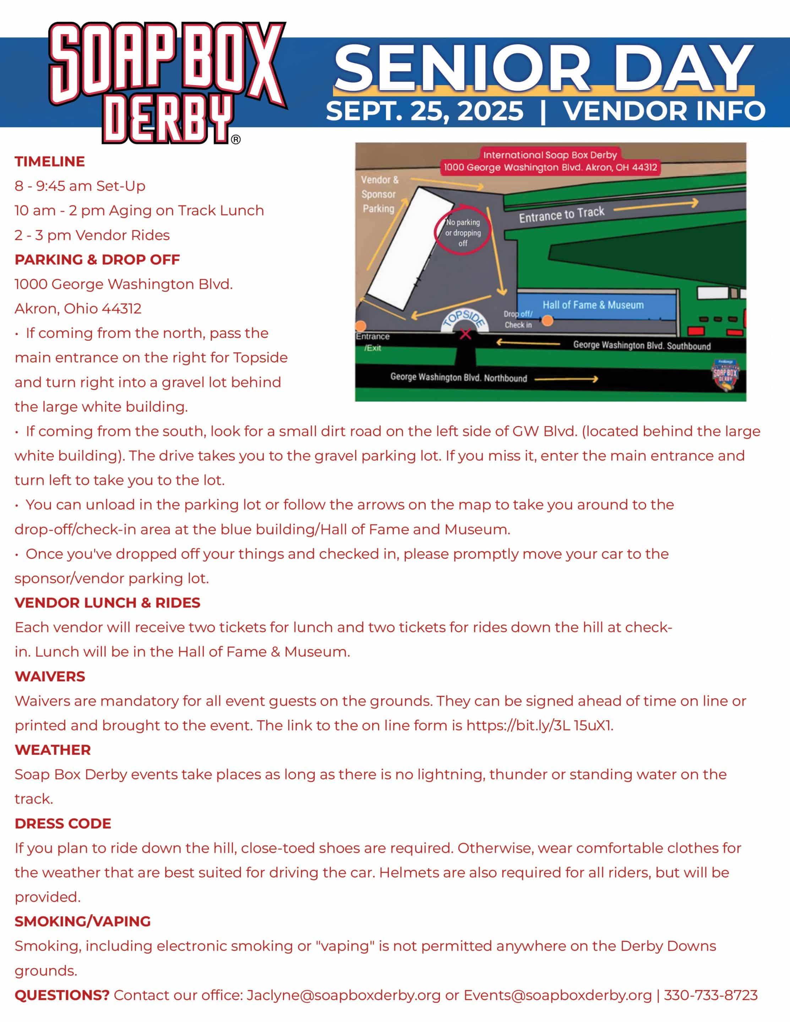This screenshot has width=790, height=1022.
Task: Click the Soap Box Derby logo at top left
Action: tap(167, 82)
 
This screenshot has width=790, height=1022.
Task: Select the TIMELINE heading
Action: tap(50, 161)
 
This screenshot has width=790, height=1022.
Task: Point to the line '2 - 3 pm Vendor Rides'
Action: tap(92, 235)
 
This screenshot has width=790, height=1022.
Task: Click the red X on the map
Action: tap(465, 334)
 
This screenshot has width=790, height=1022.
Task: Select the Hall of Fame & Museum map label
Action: tap(593, 305)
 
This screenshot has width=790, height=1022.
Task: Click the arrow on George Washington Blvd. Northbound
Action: tap(566, 379)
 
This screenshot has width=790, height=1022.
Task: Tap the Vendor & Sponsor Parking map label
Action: tap(379, 194)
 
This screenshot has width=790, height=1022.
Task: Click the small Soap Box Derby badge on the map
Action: tap(725, 374)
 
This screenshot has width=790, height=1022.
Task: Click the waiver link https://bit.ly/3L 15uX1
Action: tap(539, 725)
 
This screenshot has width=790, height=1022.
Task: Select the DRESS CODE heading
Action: tap(63, 824)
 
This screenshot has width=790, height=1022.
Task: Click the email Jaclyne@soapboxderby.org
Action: tap(343, 995)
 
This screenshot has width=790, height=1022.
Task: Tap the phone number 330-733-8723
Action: tap(710, 995)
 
